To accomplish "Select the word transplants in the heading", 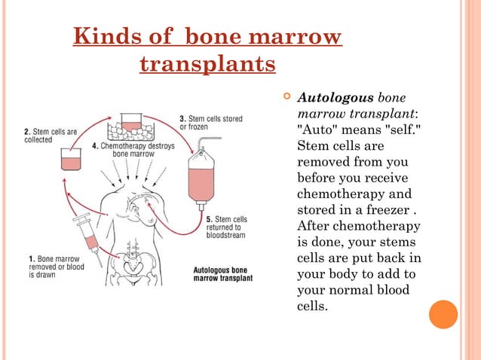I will pyautogui.click(x=207, y=65).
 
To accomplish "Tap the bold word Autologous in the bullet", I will pyautogui.click(x=335, y=98).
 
